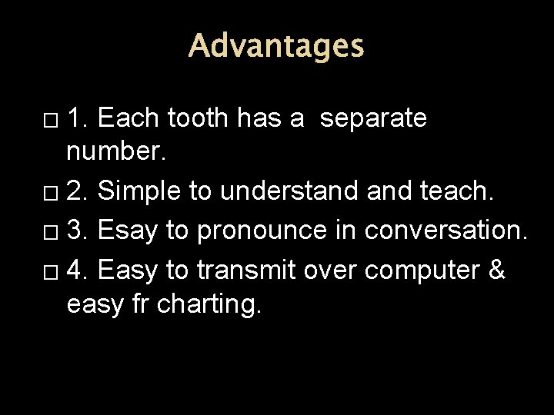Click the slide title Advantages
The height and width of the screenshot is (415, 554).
[x=276, y=45]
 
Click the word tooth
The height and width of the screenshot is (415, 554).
[x=198, y=118]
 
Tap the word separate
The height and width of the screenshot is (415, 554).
[x=373, y=118]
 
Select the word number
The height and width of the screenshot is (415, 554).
[x=115, y=152]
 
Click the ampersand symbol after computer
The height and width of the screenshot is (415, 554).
[x=497, y=269]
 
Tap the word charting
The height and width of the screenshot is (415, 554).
[x=209, y=304]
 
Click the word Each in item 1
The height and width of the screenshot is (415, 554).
[x=129, y=118]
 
